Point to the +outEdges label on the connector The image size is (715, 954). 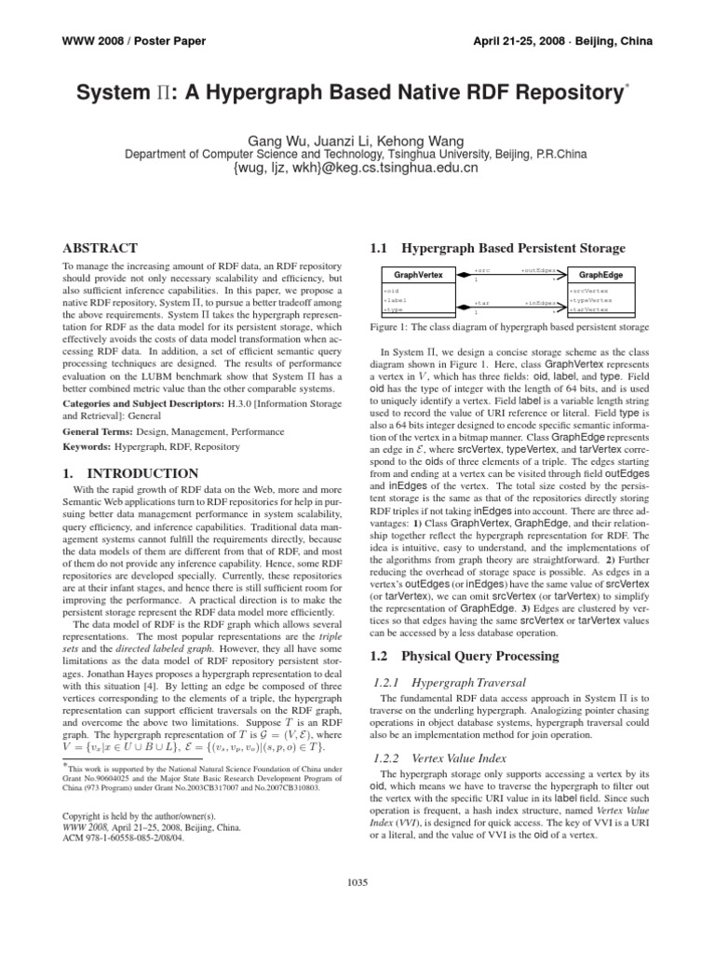tap(539, 270)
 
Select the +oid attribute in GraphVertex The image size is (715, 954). tap(389, 292)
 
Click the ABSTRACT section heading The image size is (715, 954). tap(100, 249)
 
